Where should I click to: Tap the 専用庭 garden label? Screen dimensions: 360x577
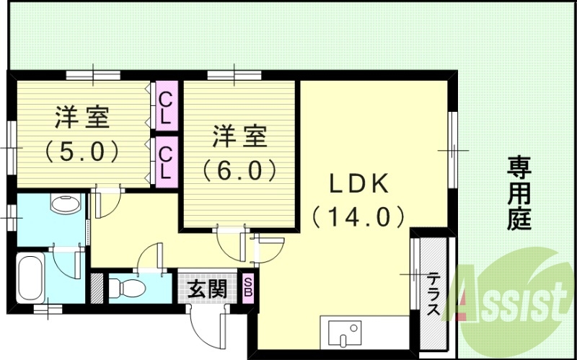tap(519, 193)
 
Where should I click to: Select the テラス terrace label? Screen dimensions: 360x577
tap(433, 294)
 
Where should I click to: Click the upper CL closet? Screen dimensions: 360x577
tap(166, 106)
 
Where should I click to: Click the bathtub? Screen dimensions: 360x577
tap(32, 277)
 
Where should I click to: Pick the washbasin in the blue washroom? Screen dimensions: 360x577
tap(66, 204)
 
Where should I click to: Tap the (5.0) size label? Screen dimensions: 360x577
tap(81, 152)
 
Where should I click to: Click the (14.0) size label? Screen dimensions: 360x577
tap(357, 216)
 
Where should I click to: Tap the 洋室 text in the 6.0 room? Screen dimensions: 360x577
tap(239, 136)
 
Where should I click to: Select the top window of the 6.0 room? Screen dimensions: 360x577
tap(234, 74)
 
